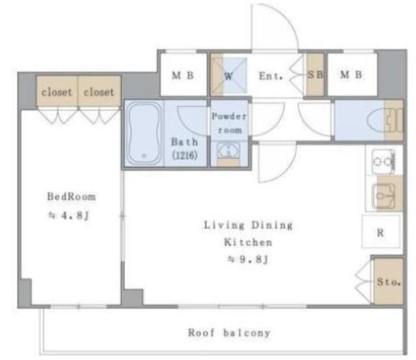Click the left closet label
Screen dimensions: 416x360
click(x=57, y=92)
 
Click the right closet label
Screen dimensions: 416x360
click(x=99, y=92)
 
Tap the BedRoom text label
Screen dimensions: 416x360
click(x=71, y=197)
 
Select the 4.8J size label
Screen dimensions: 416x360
click(x=68, y=216)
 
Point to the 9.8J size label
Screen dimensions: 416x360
click(x=248, y=259)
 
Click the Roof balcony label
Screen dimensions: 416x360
click(x=229, y=333)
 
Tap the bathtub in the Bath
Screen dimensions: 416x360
click(x=144, y=135)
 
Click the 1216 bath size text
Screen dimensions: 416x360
click(x=185, y=155)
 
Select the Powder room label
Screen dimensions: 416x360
click(x=229, y=123)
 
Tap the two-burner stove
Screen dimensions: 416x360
click(x=383, y=161)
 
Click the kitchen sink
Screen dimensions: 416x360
click(x=384, y=196)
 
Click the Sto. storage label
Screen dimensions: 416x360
click(x=389, y=282)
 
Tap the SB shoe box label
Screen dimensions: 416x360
click(x=315, y=75)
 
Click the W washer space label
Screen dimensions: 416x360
click(x=228, y=77)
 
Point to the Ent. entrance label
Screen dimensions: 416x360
click(x=271, y=76)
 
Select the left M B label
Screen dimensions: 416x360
click(x=183, y=75)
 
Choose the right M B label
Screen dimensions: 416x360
click(x=351, y=75)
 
